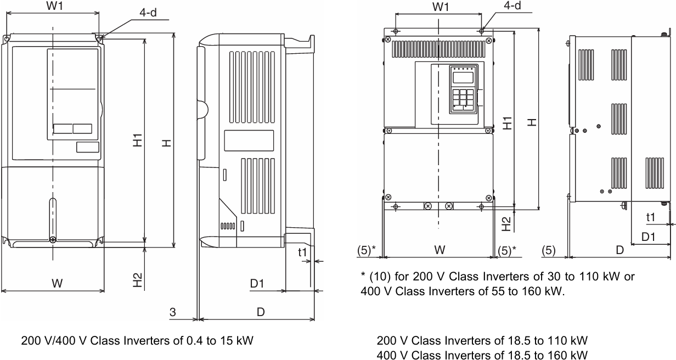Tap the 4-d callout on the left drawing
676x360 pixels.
148,13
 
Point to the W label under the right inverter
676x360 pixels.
439,250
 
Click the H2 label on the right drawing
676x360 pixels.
507,222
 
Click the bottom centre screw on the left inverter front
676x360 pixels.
52,239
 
